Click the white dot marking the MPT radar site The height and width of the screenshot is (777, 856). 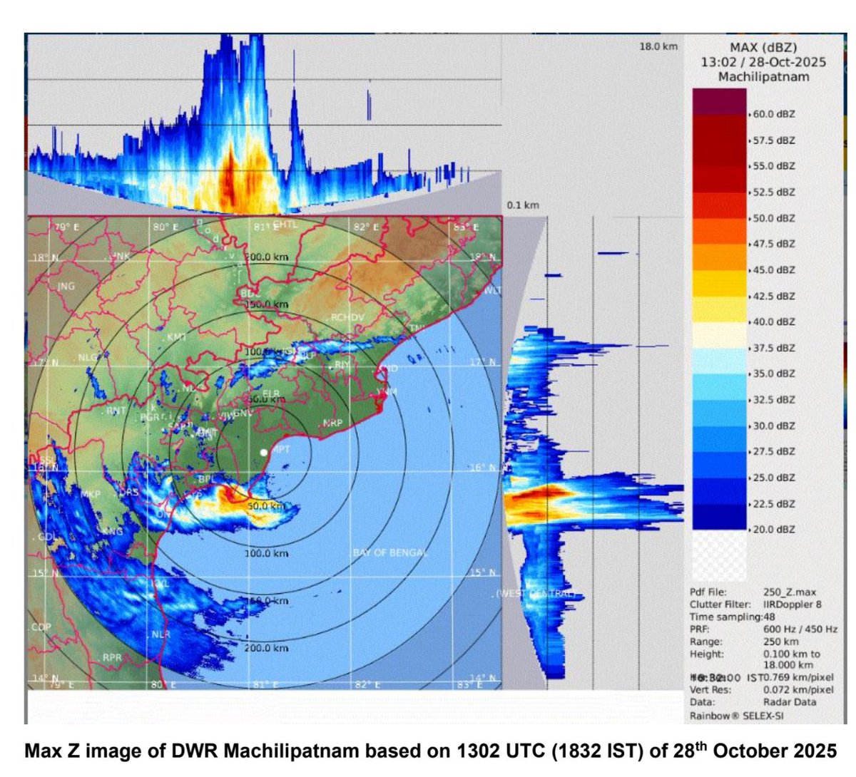pos(264,453)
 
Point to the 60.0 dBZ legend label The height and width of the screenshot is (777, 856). pos(774,113)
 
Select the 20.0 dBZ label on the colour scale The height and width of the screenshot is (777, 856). pos(774,529)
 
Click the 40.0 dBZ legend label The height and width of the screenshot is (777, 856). pos(774,321)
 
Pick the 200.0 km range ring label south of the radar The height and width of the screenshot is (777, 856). pos(266,648)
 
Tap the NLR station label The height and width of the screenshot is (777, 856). pos(158,633)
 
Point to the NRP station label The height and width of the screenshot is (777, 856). pos(332,423)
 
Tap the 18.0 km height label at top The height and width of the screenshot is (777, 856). pos(657,46)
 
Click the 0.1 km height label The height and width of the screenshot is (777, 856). pos(523,205)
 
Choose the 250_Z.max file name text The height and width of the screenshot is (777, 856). pos(790,592)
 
